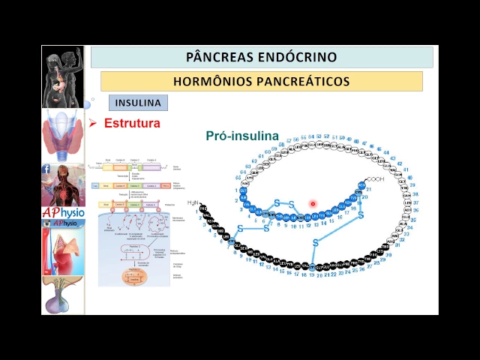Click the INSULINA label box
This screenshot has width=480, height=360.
tap(138, 103)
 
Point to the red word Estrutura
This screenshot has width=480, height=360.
tap(132, 123)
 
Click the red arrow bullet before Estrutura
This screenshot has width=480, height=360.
tap(93, 123)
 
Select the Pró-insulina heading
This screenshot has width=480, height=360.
tap(242, 136)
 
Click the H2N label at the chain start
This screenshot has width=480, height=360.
tap(194, 202)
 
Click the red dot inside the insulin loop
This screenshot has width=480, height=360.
tap(313, 203)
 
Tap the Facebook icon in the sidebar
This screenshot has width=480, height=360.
tap(46, 169)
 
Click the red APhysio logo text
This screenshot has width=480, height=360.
tap(63, 213)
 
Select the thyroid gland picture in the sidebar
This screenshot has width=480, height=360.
tap(63, 135)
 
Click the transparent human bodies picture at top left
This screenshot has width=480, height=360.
tap(63, 76)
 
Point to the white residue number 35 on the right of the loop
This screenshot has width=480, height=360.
tap(413, 220)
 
